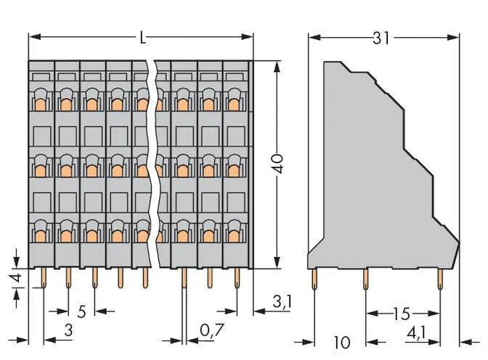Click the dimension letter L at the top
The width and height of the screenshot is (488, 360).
click(142, 38)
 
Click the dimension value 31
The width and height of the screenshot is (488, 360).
click(381, 38)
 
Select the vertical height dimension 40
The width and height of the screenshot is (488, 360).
click(277, 163)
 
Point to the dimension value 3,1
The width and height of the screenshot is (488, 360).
click(282, 302)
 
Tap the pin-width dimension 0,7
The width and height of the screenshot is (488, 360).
click(212, 330)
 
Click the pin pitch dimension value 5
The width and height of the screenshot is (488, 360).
click(81, 311)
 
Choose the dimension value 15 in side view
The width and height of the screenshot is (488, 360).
click(402, 314)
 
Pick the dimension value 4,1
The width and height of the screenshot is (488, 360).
click(416, 334)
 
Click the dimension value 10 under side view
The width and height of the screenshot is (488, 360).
click(342, 343)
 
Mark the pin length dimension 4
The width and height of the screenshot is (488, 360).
click(17, 277)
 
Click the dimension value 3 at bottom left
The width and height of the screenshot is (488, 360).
click(68, 330)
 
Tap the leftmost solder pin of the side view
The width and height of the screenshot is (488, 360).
click(314, 279)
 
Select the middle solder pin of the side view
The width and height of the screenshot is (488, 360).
click(366, 279)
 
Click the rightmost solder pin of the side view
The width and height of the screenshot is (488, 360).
click(440, 279)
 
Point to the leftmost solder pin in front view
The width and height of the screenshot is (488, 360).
click(44, 278)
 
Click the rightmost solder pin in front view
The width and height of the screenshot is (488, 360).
click(237, 278)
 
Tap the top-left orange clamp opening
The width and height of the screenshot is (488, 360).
click(40, 105)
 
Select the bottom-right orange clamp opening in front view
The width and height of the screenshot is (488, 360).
click(233, 236)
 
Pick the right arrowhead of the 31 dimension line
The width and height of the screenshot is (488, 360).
click(453, 37)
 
